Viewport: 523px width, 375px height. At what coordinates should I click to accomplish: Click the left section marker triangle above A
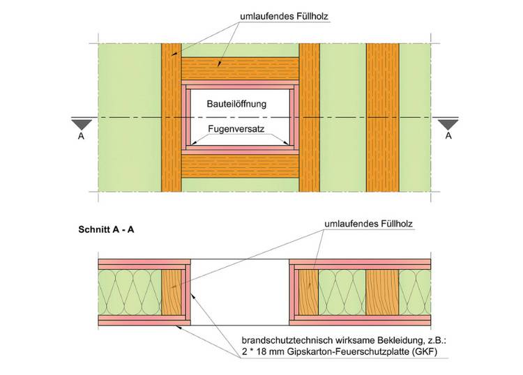point(82,123)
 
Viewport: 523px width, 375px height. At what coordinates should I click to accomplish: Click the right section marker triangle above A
point(448,123)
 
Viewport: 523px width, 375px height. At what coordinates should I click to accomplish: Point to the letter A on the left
point(82,137)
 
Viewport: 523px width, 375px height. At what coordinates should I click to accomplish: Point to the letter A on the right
point(448,137)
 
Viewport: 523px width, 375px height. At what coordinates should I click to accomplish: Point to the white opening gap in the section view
point(240,292)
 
